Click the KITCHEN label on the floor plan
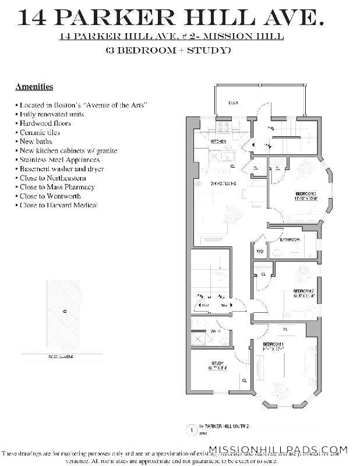[x=218, y=142]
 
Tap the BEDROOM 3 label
[x=306, y=193]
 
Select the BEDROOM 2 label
[x=303, y=291]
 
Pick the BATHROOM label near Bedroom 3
[x=289, y=240]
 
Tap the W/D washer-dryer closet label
[x=260, y=252]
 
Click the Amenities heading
[x=34, y=87]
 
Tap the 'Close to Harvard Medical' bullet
[x=58, y=205]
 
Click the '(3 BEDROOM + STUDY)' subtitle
[x=168, y=50]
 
